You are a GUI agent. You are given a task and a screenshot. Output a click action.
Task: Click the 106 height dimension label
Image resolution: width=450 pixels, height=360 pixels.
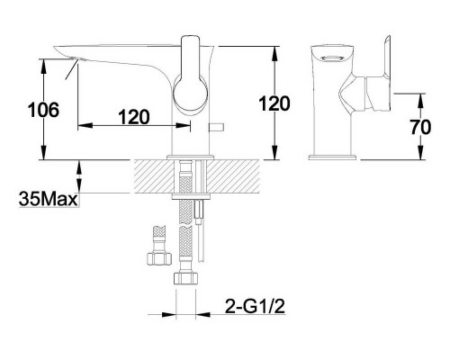coord(43,110)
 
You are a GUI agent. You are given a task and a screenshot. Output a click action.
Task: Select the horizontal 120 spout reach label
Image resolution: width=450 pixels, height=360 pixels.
coord(134,117)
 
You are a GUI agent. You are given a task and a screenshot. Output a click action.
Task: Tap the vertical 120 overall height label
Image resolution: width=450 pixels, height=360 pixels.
coord(274,103)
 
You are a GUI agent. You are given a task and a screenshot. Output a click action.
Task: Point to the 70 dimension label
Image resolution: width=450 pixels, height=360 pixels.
coord(420,127)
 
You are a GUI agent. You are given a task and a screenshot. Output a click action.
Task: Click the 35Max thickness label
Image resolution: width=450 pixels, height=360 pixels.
coord(48,199)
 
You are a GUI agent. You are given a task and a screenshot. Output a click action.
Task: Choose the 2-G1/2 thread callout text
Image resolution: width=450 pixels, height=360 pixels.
coord(255,306)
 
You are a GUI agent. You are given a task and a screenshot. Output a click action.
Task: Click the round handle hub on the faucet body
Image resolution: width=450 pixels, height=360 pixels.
coord(190,94)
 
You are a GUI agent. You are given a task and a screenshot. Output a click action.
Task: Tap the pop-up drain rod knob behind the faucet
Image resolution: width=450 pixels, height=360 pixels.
coord(217,127)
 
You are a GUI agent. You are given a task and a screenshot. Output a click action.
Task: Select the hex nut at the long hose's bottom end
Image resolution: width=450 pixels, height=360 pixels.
coord(185,277)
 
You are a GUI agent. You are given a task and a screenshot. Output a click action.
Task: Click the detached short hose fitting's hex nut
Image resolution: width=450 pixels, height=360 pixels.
coord(159,258)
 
